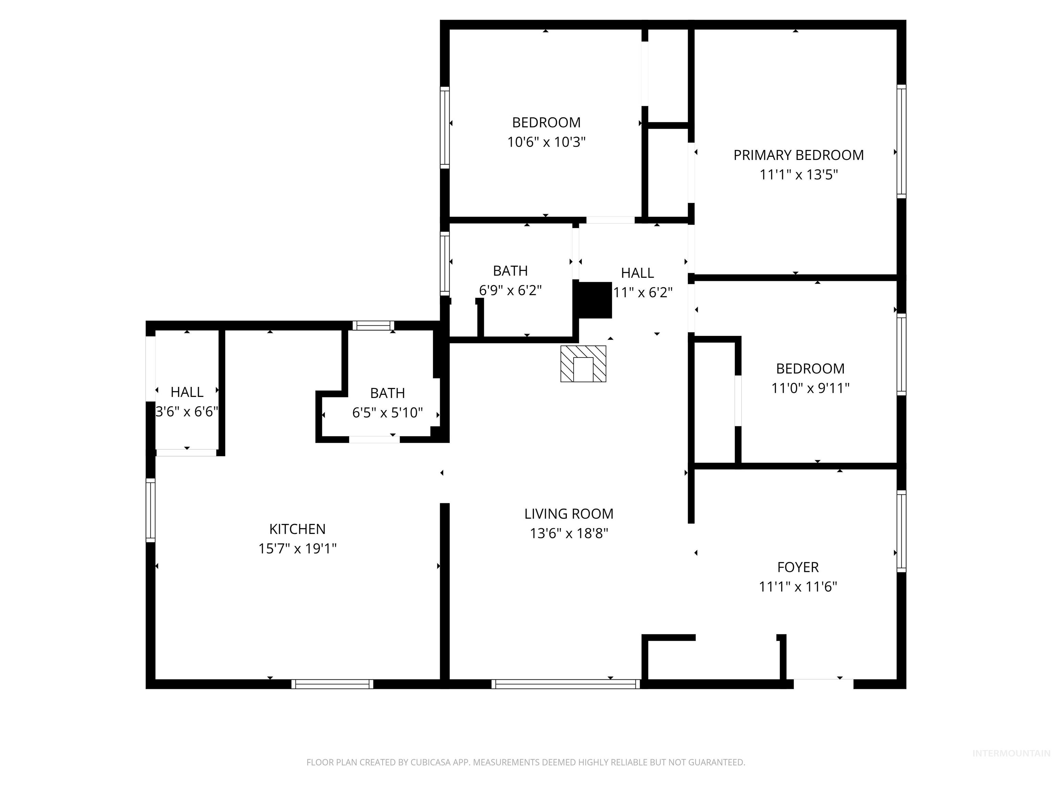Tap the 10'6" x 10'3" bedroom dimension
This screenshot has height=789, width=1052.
[546, 142]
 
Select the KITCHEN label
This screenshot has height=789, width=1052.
[297, 529]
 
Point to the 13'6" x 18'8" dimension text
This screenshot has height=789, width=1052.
[569, 534]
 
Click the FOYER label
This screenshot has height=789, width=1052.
[798, 567]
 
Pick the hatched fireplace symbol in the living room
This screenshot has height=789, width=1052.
[583, 364]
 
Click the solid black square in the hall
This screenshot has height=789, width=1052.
[594, 300]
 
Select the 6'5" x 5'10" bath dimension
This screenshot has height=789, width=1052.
[387, 413]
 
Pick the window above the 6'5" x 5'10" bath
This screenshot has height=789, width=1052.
[373, 326]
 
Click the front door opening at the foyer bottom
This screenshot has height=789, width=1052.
[823, 684]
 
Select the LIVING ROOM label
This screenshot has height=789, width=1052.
[569, 514]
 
